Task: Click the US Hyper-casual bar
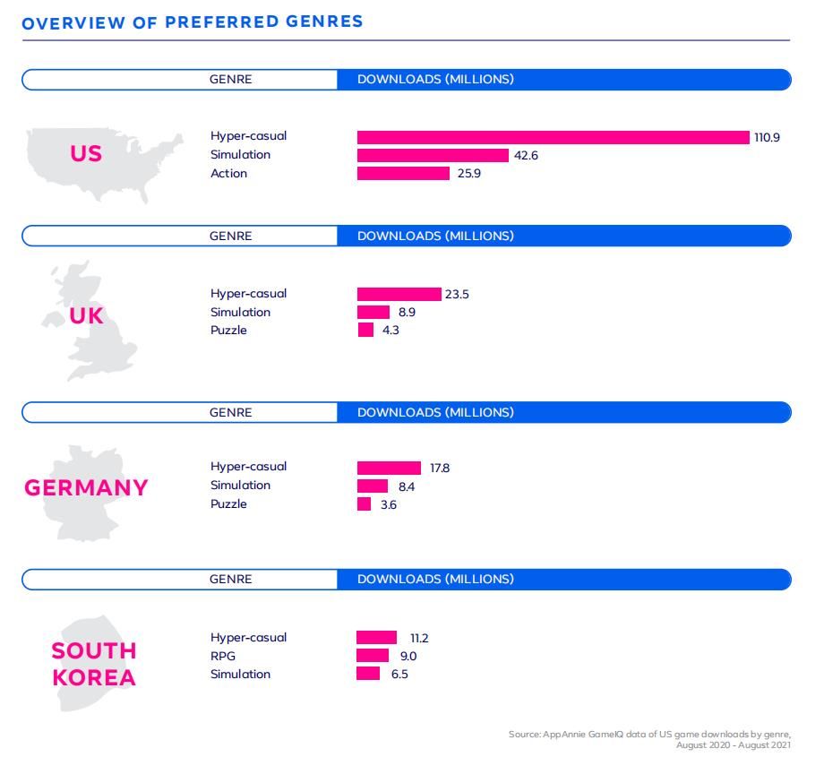[553, 137]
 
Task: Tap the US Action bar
[403, 174]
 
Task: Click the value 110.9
[767, 137]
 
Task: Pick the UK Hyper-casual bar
[399, 294]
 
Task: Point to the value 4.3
[391, 331]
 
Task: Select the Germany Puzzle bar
[364, 504]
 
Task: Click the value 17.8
[440, 468]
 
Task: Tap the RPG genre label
[222, 656]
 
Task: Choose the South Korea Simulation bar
[368, 674]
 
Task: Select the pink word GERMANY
[86, 488]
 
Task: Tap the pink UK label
[87, 315]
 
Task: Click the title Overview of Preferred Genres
[193, 22]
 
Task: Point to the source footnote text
[649, 739]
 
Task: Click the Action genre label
[228, 174]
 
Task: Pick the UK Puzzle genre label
[228, 331]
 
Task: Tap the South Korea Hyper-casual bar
[376, 638]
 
